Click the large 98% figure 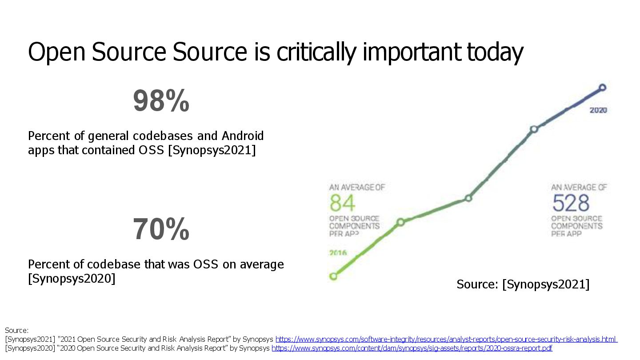click(x=161, y=101)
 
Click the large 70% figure click(x=161, y=229)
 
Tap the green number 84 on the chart click(x=343, y=204)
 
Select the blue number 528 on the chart click(x=571, y=204)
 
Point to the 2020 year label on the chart click(x=598, y=110)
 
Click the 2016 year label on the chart click(x=338, y=253)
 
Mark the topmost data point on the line click(x=603, y=88)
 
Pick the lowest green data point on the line click(x=333, y=276)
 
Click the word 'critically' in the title click(x=317, y=52)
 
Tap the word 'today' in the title click(x=495, y=52)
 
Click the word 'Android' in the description click(x=243, y=136)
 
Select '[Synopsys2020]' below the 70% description click(x=72, y=279)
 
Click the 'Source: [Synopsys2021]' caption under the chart click(x=523, y=284)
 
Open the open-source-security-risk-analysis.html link click(x=446, y=340)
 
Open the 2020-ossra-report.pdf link click(x=412, y=348)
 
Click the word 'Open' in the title click(x=56, y=52)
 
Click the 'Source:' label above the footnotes click(x=16, y=330)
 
